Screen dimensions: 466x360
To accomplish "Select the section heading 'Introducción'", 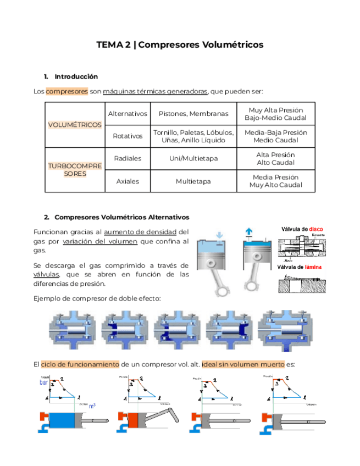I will [x=76, y=76].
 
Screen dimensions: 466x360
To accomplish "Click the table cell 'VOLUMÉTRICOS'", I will [x=75, y=125].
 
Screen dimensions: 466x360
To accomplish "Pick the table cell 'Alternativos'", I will [x=128, y=114].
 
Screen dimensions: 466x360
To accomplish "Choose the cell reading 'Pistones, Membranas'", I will [x=193, y=114].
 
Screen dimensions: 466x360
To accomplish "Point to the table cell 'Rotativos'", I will [x=128, y=136].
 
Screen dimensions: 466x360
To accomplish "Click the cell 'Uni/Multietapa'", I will [x=193, y=158].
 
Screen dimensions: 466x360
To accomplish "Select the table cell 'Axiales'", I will [x=128, y=181].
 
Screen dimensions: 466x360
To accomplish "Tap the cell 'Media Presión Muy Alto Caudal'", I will [x=275, y=181].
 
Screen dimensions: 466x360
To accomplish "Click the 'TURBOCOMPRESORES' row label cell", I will [x=75, y=169].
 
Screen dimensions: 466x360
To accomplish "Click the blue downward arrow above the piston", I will [x=219, y=235].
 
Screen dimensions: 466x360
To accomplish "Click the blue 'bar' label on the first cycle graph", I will [x=44, y=382].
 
